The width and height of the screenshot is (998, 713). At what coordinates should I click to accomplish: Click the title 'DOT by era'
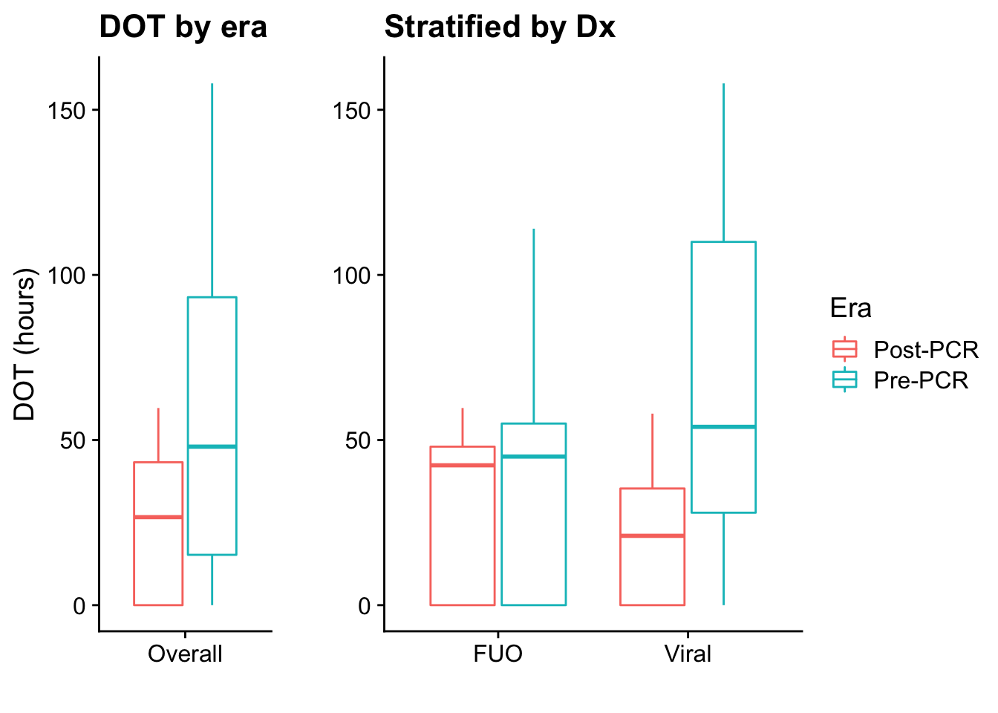click(x=183, y=27)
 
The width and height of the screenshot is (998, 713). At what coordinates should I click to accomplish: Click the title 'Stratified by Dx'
click(x=500, y=27)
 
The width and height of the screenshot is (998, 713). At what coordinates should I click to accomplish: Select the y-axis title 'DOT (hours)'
click(x=25, y=344)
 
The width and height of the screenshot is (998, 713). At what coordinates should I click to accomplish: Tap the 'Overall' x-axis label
click(x=185, y=654)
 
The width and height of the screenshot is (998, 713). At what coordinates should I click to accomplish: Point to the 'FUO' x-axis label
click(x=498, y=654)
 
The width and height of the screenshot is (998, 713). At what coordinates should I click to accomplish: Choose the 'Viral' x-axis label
click(x=688, y=654)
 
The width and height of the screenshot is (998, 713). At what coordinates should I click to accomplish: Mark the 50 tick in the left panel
click(x=74, y=440)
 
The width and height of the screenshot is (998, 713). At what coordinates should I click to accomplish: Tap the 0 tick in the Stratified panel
click(x=364, y=606)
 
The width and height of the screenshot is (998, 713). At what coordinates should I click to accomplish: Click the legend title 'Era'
click(x=851, y=308)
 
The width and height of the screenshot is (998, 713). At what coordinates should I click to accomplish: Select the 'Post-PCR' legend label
click(x=926, y=350)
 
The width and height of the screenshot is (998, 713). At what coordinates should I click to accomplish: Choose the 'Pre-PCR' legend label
click(x=921, y=380)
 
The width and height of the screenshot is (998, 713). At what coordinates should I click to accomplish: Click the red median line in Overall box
click(x=158, y=517)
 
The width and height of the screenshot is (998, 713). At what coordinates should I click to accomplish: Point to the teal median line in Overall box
click(x=212, y=446)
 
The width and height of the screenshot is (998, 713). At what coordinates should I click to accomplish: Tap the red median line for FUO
click(x=462, y=465)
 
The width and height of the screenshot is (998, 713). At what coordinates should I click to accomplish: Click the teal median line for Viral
click(x=723, y=426)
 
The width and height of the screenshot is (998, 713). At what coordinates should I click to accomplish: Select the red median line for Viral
click(x=652, y=535)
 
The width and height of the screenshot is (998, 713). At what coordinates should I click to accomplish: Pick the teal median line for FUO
click(x=533, y=456)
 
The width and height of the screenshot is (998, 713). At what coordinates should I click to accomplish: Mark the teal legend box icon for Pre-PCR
click(x=845, y=380)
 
